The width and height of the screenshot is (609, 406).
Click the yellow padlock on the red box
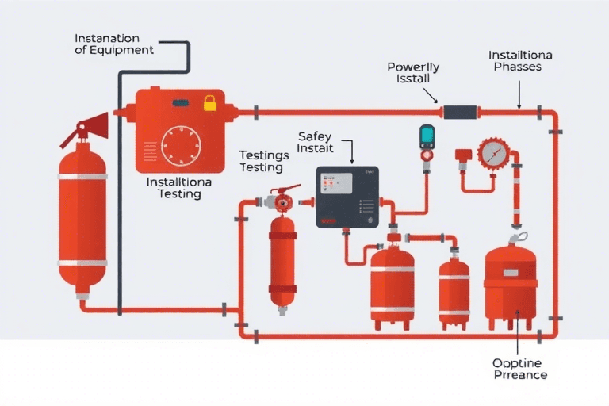[209, 103]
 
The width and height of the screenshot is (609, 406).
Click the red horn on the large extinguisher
[94, 124]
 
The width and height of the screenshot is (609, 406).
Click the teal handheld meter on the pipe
[428, 136]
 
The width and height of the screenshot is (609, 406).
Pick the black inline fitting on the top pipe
[459, 112]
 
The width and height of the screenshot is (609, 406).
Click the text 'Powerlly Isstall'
[412, 74]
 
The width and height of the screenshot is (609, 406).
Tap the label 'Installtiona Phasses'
[518, 61]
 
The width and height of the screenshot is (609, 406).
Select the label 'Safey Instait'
[316, 142]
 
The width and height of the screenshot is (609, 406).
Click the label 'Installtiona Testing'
[179, 187]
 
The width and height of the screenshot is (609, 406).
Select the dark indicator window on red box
[181, 103]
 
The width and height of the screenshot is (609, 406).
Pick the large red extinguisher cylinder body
[82, 218]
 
